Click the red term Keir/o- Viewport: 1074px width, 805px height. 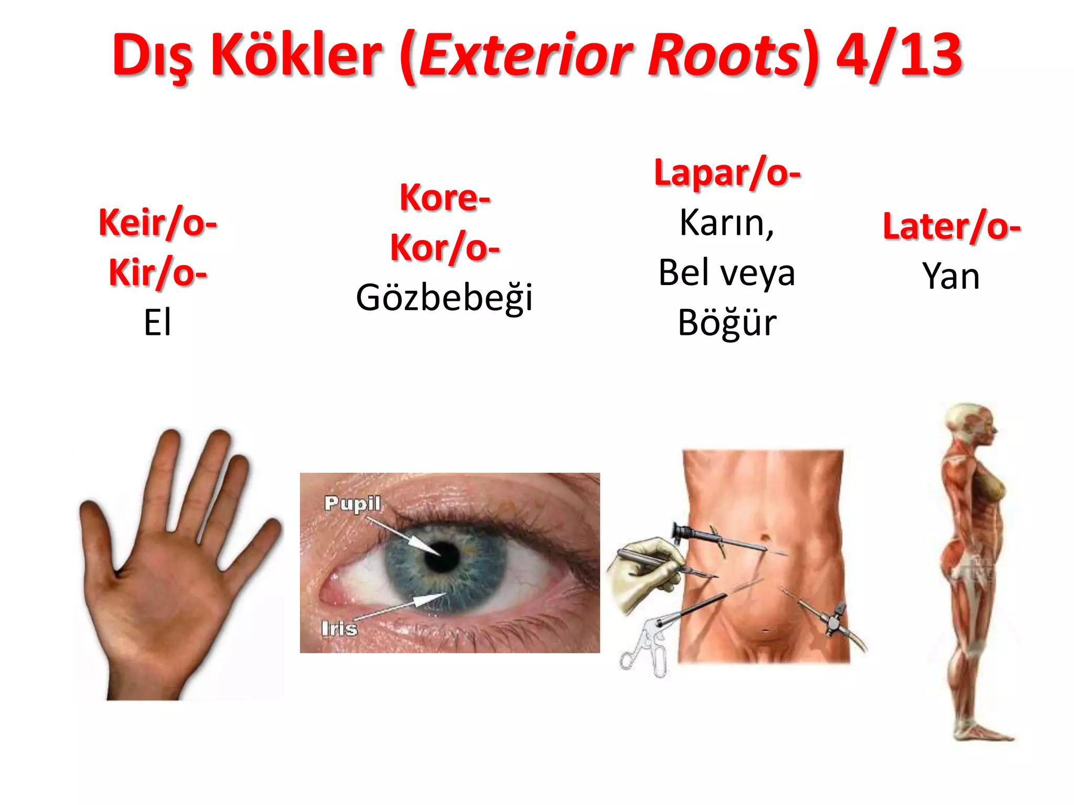[157, 223]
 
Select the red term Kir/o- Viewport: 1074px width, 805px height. [157, 273]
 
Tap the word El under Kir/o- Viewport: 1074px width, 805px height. [157, 323]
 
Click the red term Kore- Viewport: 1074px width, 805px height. [445, 198]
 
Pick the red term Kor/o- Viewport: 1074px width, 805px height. [445, 247]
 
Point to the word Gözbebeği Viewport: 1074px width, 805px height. [444, 298]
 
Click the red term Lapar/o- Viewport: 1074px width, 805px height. [727, 173]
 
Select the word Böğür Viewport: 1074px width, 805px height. [727, 323]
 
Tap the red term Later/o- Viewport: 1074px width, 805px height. [951, 226]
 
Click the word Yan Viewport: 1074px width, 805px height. [951, 277]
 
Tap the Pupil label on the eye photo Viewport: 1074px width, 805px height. [352, 503]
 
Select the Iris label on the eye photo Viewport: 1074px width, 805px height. [339, 628]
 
